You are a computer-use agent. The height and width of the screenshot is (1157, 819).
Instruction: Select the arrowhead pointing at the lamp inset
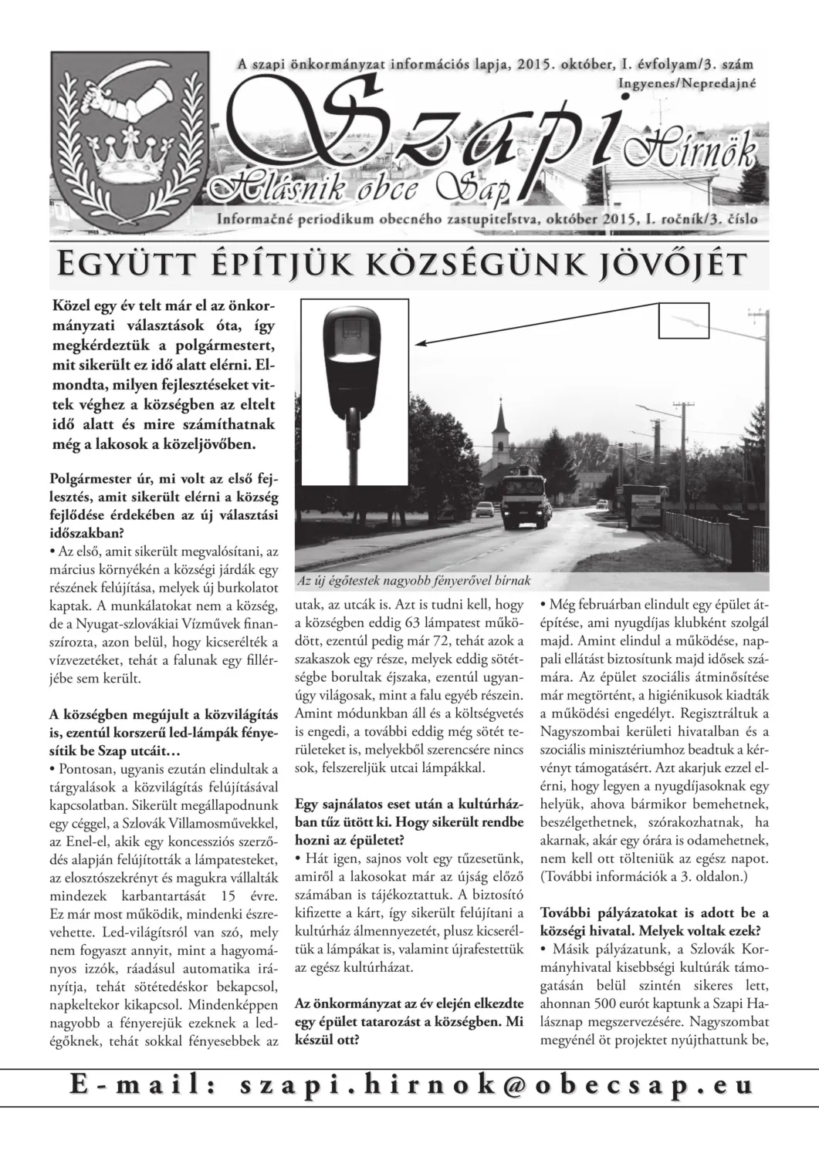(420, 342)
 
